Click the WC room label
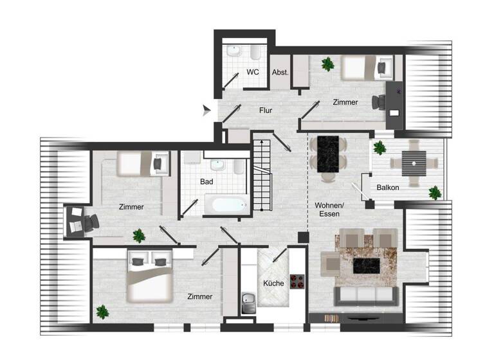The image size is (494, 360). (253, 73)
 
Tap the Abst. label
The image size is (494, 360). (280, 73)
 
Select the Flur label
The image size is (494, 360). (266, 111)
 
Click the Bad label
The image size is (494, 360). (206, 182)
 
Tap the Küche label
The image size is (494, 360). (273, 283)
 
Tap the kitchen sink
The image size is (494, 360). (248, 299)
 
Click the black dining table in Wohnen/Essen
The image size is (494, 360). (329, 154)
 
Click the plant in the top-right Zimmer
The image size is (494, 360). (328, 64)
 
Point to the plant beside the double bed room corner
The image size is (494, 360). (102, 313)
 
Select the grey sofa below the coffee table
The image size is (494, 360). (364, 296)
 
